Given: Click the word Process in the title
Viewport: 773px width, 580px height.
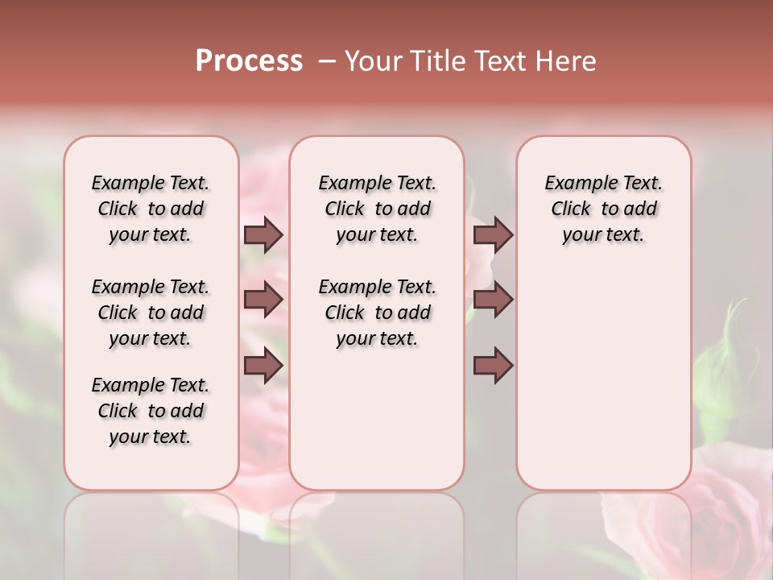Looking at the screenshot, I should pyautogui.click(x=249, y=61).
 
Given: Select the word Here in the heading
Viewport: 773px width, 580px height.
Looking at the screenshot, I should pyautogui.click(x=566, y=61).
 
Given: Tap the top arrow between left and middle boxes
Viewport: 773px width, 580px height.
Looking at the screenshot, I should pyautogui.click(x=263, y=235).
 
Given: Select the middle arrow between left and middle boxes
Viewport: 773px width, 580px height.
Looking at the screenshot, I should pyautogui.click(x=263, y=300).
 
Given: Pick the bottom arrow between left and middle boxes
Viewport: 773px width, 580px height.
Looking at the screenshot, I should pyautogui.click(x=263, y=366).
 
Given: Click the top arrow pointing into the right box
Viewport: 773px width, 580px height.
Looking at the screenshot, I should pyautogui.click(x=493, y=235).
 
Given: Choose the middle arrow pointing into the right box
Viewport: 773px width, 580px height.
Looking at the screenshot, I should pyautogui.click(x=493, y=300).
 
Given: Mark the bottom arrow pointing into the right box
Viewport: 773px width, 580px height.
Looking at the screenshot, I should pyautogui.click(x=493, y=366).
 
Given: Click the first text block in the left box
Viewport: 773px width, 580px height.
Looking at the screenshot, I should pyautogui.click(x=151, y=209).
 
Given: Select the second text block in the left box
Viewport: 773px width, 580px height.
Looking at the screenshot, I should pyautogui.click(x=151, y=313).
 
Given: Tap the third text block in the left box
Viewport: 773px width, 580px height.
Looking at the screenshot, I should pyautogui.click(x=151, y=411).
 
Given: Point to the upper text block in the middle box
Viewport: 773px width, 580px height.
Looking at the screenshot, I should pyautogui.click(x=377, y=209).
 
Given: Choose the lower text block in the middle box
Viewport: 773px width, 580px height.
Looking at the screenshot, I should pyautogui.click(x=377, y=313).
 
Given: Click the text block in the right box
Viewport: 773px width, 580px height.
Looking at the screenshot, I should pyautogui.click(x=603, y=209).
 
